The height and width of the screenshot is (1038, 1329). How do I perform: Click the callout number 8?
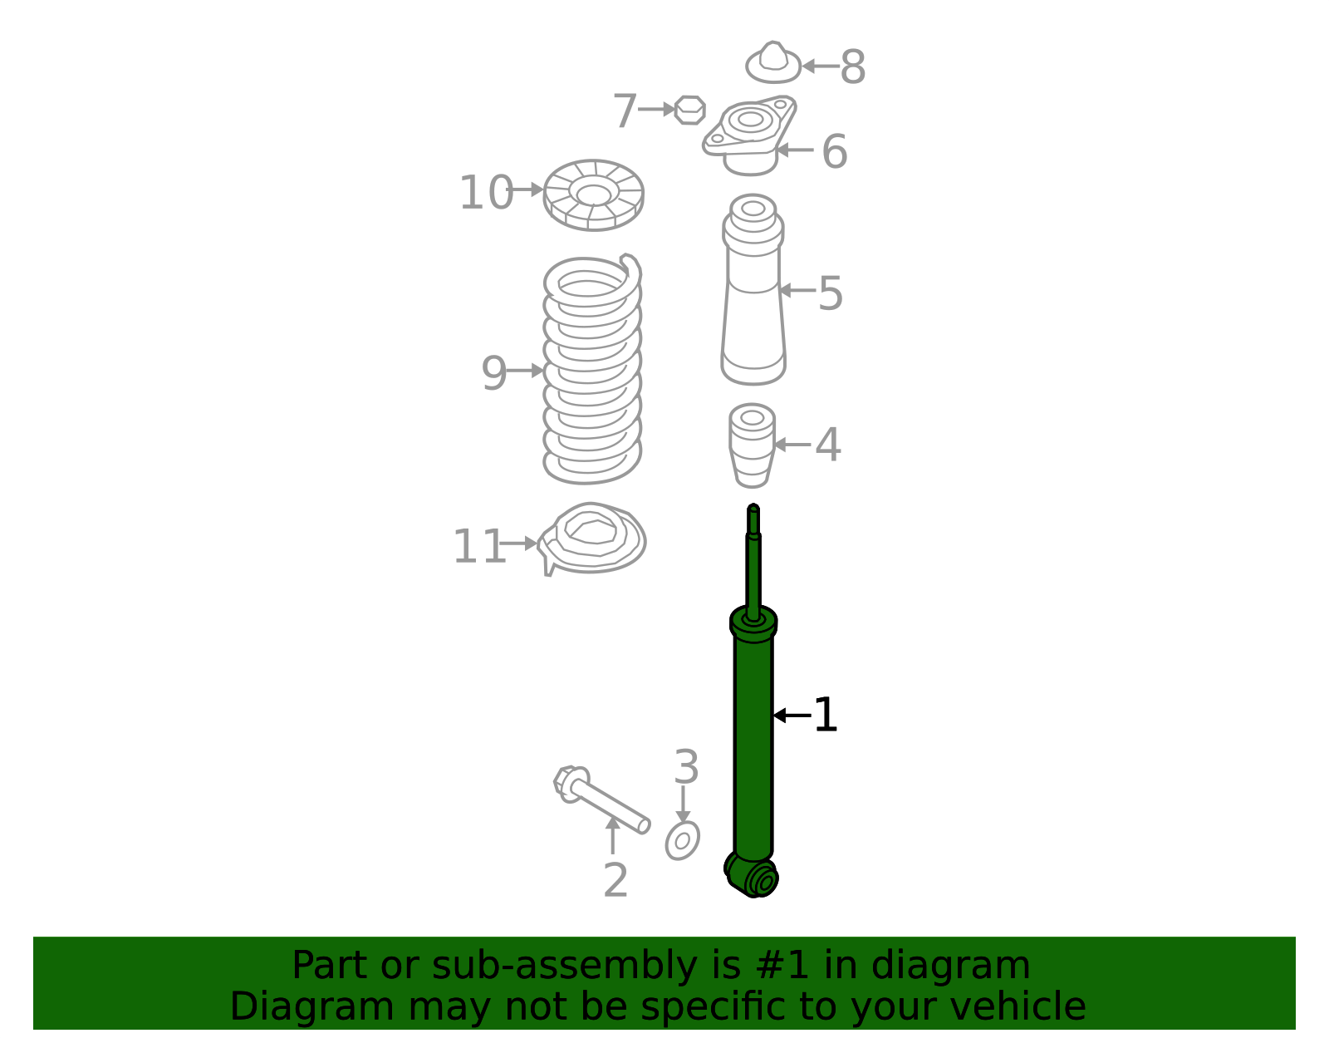click(852, 66)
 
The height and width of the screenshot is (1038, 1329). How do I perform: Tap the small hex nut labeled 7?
click(690, 110)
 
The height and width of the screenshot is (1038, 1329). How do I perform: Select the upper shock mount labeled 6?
click(749, 135)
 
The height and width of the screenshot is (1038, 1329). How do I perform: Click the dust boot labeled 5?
click(753, 290)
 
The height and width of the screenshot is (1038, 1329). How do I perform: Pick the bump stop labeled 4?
click(752, 445)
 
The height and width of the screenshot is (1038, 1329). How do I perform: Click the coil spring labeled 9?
click(592, 369)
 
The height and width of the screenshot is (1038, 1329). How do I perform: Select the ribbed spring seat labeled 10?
click(593, 194)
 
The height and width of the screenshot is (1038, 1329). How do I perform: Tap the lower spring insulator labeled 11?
click(591, 539)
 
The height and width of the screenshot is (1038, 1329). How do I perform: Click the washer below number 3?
click(682, 840)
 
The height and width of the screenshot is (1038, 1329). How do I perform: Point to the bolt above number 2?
click(601, 799)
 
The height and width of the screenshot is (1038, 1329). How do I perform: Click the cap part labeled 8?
click(773, 62)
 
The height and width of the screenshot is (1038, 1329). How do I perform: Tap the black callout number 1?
click(825, 715)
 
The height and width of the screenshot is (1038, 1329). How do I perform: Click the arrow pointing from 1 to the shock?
click(792, 715)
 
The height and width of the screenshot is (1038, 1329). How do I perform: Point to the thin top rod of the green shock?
click(753, 563)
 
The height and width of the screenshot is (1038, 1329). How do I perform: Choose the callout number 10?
click(486, 193)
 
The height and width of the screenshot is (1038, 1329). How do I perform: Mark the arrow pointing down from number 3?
click(683, 804)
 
